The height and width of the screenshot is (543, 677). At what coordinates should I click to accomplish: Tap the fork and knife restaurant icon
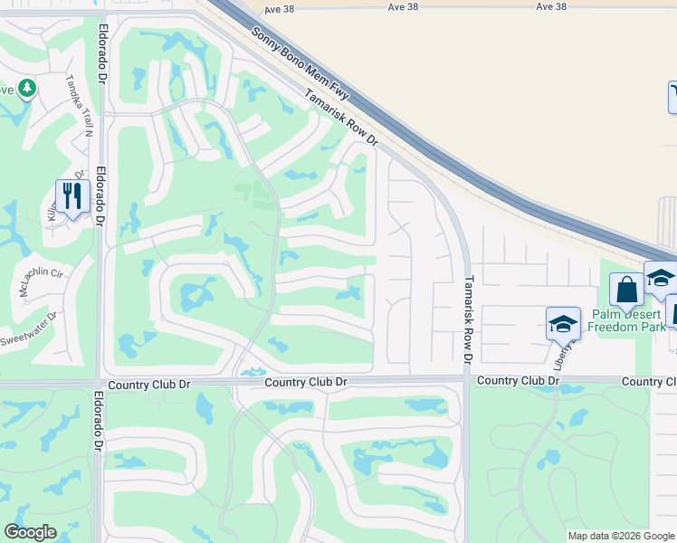pos(71,195)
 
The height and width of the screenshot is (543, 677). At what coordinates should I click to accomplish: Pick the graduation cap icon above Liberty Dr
pos(563,323)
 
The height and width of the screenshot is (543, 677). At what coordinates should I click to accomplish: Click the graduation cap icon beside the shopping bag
pos(660,278)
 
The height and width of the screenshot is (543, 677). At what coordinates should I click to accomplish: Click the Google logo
pos(30,532)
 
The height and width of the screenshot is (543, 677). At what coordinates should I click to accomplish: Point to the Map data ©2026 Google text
pos(621,536)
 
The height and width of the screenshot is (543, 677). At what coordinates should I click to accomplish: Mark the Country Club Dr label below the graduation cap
pos(518,380)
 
